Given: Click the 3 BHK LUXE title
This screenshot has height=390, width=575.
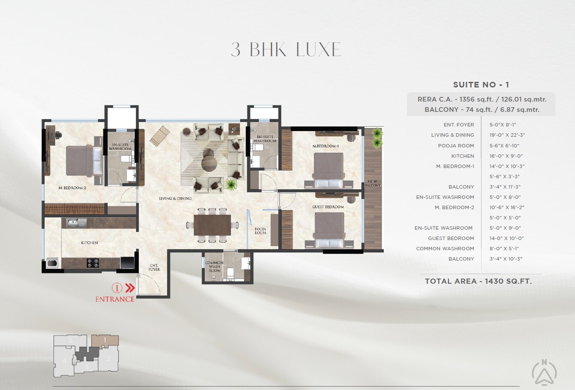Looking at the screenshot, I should pyautogui.click(x=286, y=50).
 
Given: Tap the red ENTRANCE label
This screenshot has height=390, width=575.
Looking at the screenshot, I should pyautogui.click(x=114, y=299).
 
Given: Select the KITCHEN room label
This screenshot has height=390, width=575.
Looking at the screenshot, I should pyautogui.click(x=89, y=243).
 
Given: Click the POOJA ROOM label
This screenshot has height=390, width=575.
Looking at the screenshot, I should pyautogui.click(x=260, y=231).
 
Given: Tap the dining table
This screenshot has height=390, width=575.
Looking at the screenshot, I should pyautogui.click(x=212, y=225).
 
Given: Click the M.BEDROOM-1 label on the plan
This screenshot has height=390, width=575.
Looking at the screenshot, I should pyautogui.click(x=325, y=146).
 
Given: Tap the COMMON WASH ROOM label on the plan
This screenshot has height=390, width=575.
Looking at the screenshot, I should pyautogui.click(x=214, y=267).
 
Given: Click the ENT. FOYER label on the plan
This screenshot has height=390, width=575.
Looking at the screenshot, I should pyautogui.click(x=154, y=267).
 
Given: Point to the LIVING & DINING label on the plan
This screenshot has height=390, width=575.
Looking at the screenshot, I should pyautogui.click(x=175, y=198).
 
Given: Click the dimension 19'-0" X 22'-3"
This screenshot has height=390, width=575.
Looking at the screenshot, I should pyautogui.click(x=507, y=135).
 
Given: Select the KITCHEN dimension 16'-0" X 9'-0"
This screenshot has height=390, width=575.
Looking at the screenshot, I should pyautogui.click(x=506, y=156).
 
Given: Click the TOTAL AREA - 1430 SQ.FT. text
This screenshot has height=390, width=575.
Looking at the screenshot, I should pyautogui.click(x=478, y=281).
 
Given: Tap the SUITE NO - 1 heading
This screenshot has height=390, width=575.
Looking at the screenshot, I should pyautogui.click(x=481, y=85).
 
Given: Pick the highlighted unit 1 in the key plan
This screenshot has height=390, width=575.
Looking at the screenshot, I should pyautogui.click(x=105, y=341).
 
